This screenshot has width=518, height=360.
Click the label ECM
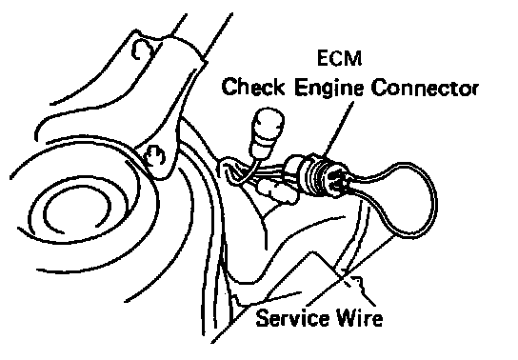click(339, 58)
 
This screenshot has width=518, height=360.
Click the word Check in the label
click(253, 88)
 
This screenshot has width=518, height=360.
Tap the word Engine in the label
click(329, 89)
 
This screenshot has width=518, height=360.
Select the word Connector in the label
click(425, 88)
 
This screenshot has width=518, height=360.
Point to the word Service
click(292, 318)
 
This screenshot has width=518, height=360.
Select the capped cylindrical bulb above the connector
click(267, 132)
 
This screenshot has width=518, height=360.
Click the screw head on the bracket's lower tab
click(155, 155)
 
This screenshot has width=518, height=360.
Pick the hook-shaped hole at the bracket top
click(141, 50)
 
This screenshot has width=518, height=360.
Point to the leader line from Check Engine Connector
click(338, 128)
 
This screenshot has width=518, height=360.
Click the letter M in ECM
click(354, 58)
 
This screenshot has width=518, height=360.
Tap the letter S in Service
click(263, 318)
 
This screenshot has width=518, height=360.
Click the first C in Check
click(229, 88)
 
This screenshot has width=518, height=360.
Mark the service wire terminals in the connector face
click(338, 179)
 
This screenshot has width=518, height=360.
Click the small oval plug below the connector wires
click(277, 191)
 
